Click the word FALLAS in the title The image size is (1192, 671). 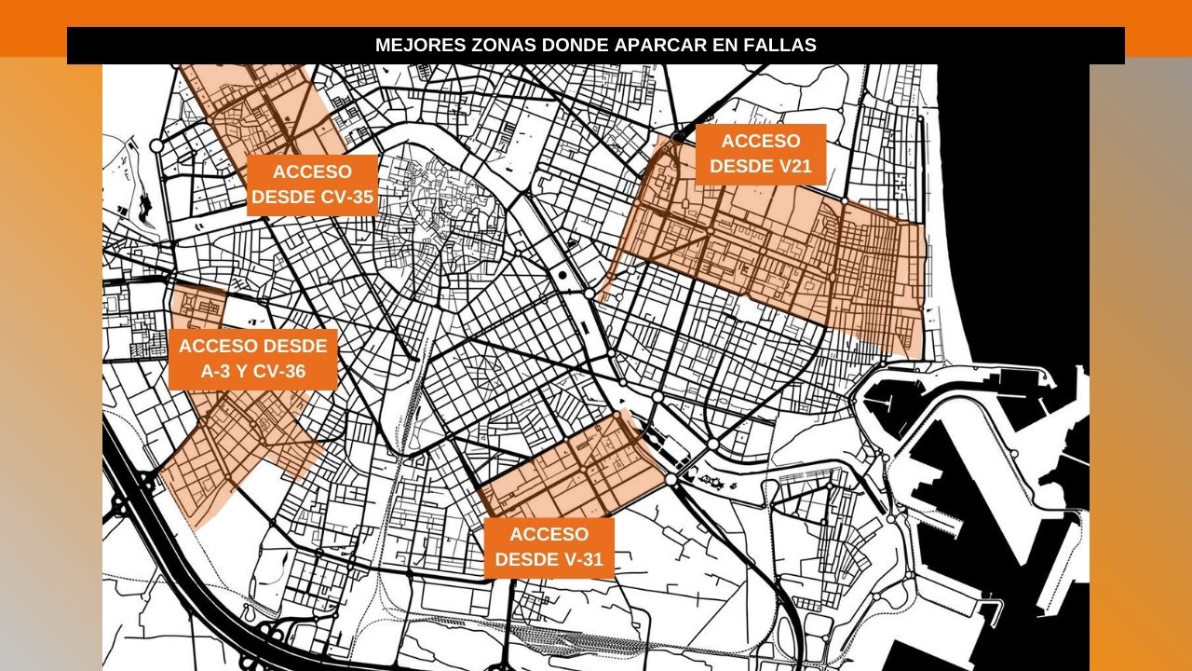click(x=785, y=45)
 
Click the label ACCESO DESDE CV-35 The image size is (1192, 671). click(x=312, y=185)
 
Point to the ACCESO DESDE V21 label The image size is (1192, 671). click(x=761, y=154)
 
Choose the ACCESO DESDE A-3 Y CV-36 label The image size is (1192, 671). click(x=253, y=360)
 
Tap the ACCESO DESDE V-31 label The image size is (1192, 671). click(x=549, y=547)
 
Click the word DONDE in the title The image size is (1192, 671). click(x=576, y=45)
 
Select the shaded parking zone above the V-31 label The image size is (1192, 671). click(x=573, y=471)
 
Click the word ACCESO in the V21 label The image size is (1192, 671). click(x=761, y=142)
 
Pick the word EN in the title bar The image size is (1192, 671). click(x=734, y=45)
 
